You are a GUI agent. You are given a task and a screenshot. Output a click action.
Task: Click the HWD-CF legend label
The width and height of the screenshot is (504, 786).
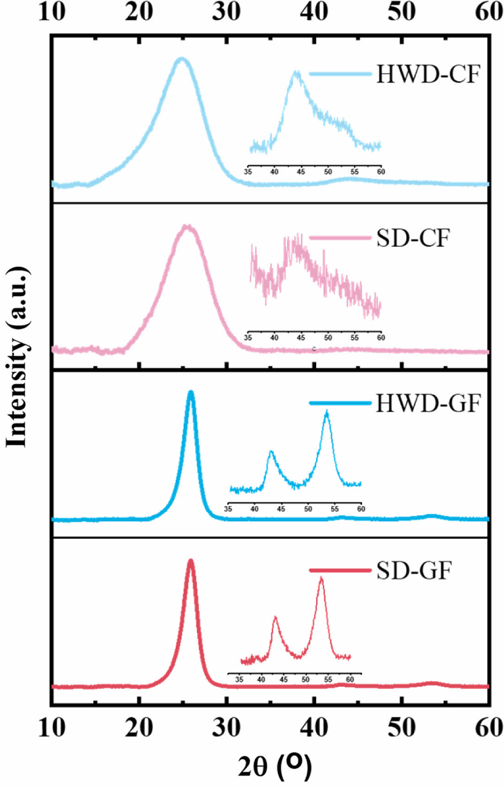(x=428, y=74)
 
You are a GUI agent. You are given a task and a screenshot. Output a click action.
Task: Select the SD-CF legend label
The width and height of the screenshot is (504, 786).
(x=413, y=238)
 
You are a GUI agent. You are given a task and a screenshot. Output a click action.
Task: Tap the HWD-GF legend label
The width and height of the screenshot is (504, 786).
(x=428, y=404)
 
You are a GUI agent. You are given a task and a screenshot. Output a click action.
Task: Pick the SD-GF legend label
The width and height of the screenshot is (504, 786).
(x=414, y=570)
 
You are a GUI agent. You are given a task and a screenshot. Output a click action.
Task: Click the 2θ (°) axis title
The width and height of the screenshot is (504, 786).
(x=274, y=766)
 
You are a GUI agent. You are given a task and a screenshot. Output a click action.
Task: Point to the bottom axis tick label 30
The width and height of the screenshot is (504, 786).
(x=226, y=727)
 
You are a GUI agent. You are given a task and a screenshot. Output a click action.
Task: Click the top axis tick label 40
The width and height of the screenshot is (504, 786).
(x=314, y=11)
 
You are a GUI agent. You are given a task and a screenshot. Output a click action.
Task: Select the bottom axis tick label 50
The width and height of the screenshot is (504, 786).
(x=402, y=727)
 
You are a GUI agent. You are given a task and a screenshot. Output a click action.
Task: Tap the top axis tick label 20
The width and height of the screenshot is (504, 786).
(x=139, y=11)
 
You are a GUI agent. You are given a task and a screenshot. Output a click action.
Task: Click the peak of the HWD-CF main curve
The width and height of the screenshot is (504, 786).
(x=182, y=59)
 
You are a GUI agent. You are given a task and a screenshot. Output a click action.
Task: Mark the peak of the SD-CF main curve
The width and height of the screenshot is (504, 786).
(x=187, y=226)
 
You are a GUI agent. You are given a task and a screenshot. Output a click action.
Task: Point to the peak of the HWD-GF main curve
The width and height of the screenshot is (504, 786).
(x=191, y=392)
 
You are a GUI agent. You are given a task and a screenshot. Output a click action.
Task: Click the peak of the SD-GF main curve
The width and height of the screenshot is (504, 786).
(x=190, y=560)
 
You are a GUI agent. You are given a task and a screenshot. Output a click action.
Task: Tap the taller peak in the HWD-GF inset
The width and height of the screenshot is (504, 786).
(x=327, y=412)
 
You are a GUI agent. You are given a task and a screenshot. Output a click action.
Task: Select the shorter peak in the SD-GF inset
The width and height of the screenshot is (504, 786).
(x=275, y=618)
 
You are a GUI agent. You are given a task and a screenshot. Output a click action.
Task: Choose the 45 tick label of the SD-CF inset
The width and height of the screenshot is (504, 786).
(x=301, y=338)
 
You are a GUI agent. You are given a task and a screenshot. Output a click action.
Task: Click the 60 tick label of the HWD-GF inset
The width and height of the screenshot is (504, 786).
(x=361, y=509)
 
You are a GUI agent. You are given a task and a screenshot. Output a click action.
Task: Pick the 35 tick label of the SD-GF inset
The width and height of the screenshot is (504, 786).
(x=239, y=679)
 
